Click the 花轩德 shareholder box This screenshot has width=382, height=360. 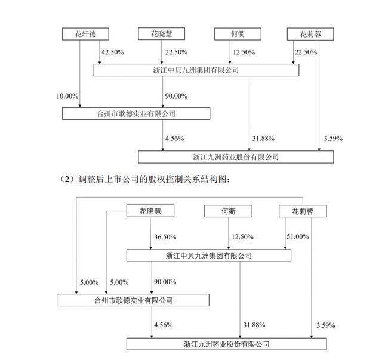pyautogui.click(x=80, y=34)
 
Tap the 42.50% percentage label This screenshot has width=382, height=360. pyautogui.click(x=113, y=53)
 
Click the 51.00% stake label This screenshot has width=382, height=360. pyautogui.click(x=298, y=237)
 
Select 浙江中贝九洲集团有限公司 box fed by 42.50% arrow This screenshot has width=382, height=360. pyautogui.click(x=196, y=71)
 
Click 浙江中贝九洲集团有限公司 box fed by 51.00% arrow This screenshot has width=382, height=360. pyautogui.click(x=208, y=256)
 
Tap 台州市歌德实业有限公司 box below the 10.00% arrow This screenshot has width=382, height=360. pyautogui.click(x=137, y=113)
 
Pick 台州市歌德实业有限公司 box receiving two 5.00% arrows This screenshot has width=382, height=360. pyautogui.click(x=133, y=300)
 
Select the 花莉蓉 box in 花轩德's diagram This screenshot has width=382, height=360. pyautogui.click(x=309, y=34)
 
